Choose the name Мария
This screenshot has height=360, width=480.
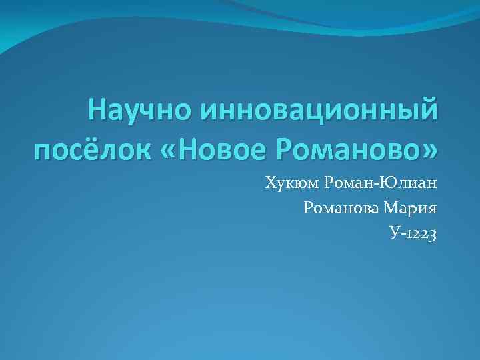pyautogui.click(x=413, y=208)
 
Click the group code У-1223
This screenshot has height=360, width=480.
pyautogui.click(x=413, y=233)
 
